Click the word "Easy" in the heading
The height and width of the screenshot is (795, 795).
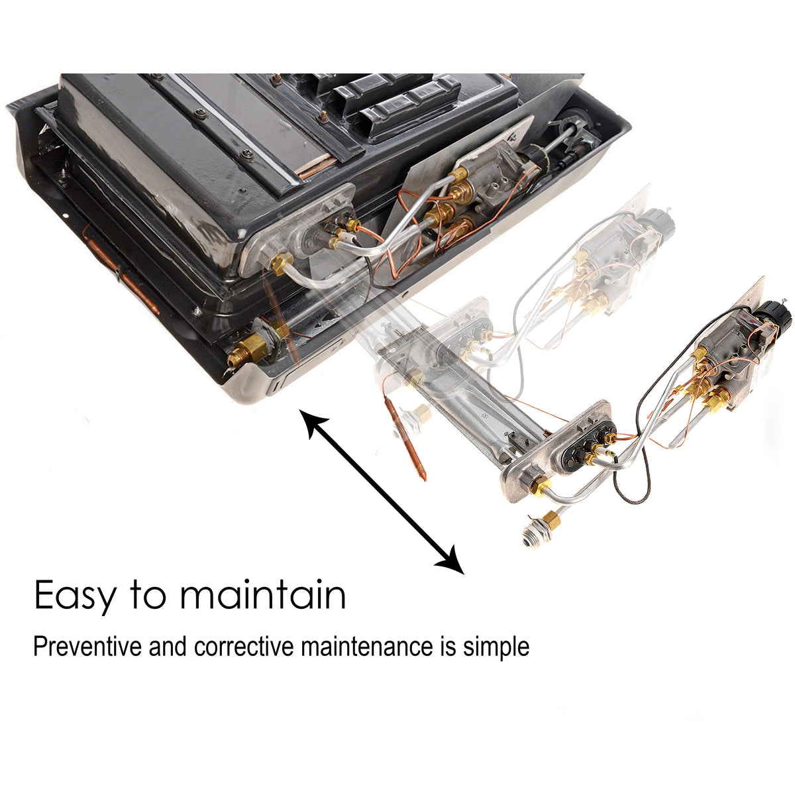(x=74, y=596)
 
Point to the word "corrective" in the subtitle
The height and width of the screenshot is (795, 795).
(x=243, y=646)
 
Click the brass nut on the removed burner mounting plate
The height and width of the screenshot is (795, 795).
(x=540, y=487)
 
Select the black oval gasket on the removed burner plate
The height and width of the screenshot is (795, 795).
(x=583, y=450)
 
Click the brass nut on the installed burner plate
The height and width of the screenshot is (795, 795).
(x=282, y=264)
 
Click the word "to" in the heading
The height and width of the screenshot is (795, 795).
(x=147, y=596)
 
